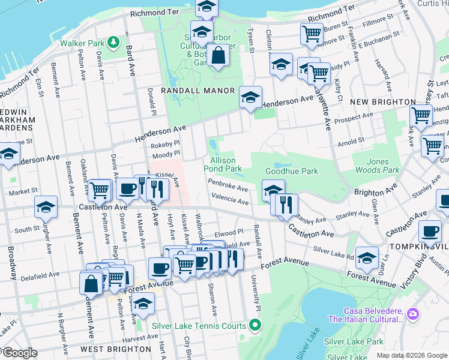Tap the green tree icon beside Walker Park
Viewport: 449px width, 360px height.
(x=113, y=42)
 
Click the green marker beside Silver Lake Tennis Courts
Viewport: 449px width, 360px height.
(x=255, y=326)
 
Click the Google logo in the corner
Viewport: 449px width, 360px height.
(x=20, y=353)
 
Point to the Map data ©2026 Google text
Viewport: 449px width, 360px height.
(x=412, y=355)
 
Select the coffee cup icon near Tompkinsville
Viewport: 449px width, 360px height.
(x=429, y=231)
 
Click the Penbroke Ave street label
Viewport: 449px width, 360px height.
(x=228, y=188)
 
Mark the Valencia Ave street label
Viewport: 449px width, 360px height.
(x=229, y=202)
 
